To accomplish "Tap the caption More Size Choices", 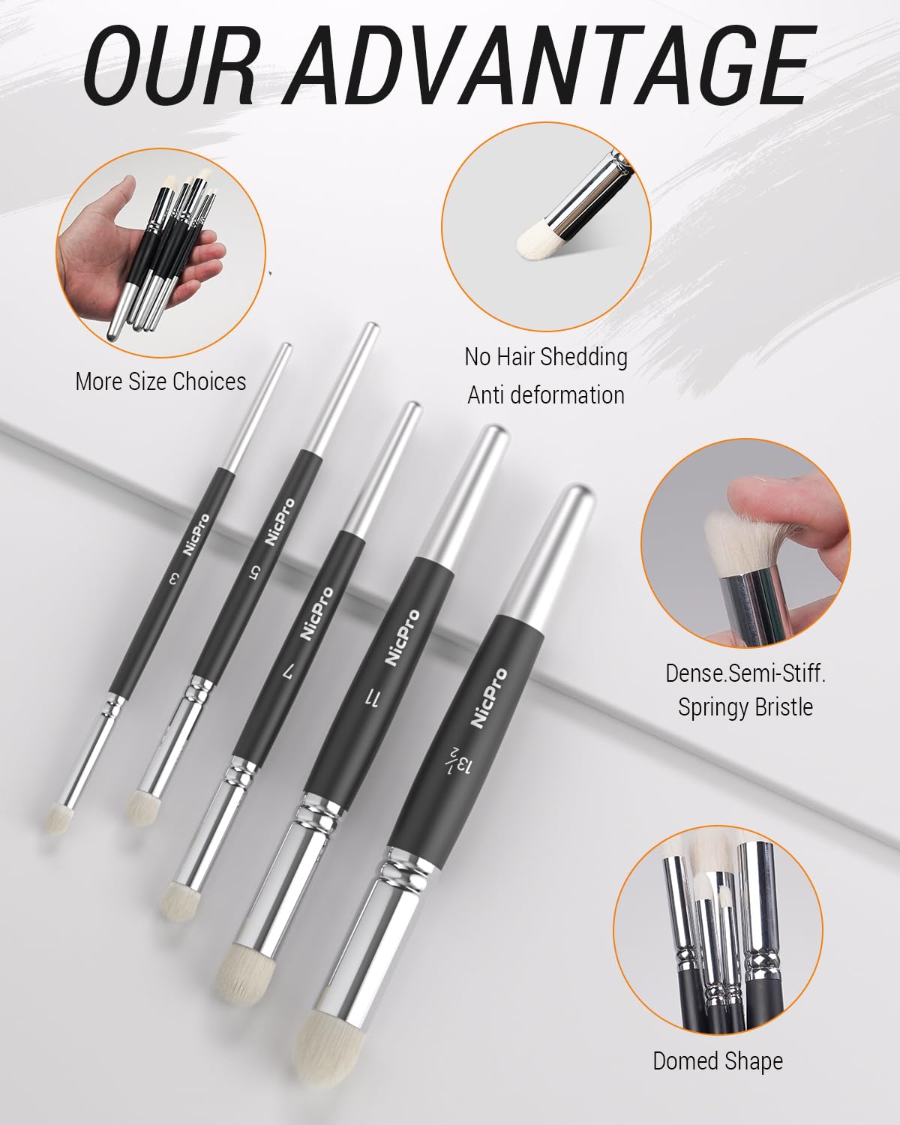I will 160,382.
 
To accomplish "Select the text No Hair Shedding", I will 546,356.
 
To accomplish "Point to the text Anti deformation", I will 546,394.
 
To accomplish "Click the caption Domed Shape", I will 718,1061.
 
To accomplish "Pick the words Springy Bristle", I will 745,707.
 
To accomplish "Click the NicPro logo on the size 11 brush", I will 403,637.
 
